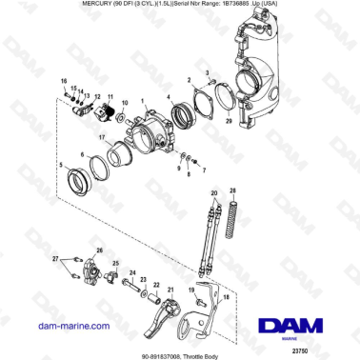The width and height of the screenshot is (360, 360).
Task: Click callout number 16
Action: pos(65,81)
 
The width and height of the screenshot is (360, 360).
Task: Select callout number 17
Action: pos(100,137)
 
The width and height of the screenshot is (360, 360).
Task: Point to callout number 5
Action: pos(62,166)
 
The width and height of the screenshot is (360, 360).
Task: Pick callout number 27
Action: pos(56,259)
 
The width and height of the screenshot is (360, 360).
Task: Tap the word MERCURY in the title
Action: pos(53,7)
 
